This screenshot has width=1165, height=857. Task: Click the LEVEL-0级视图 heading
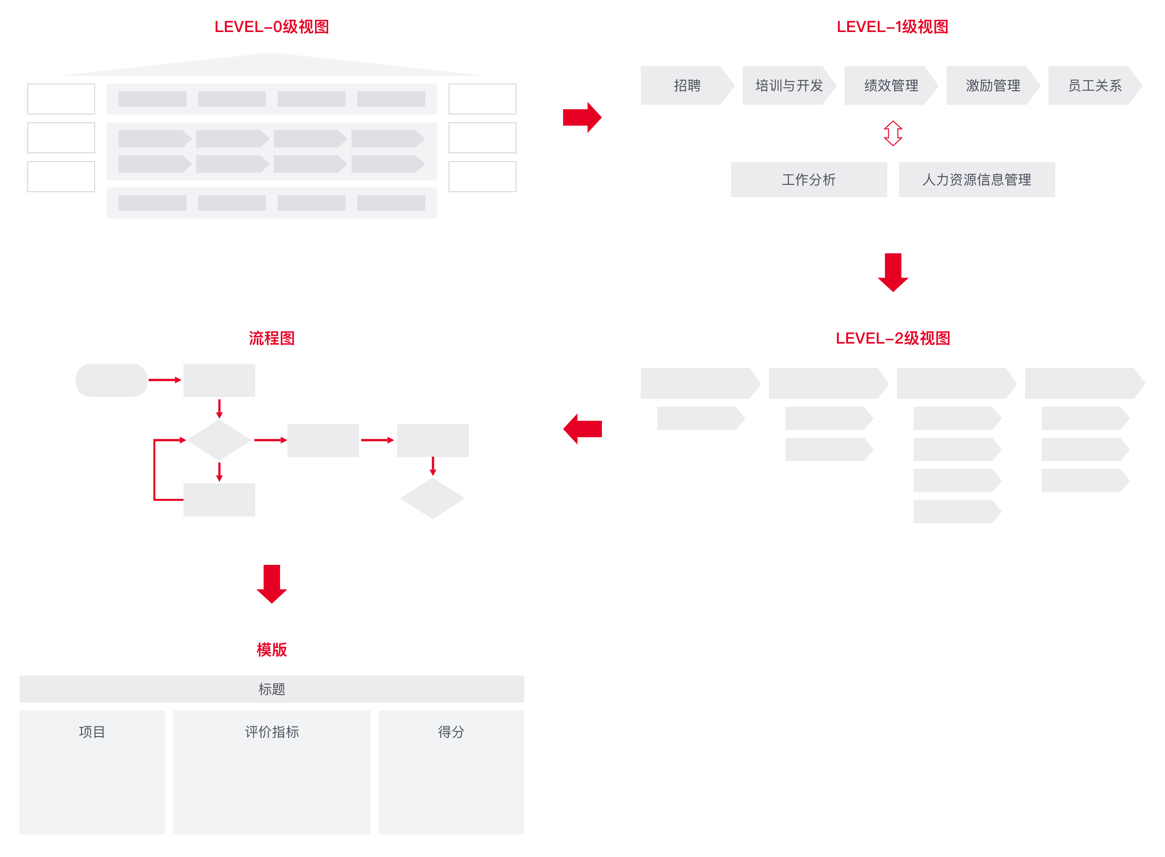271,27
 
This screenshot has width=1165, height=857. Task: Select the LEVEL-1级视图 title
893,27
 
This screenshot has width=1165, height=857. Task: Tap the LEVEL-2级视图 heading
893,338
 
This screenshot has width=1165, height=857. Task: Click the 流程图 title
271,338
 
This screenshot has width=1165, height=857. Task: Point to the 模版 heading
271,649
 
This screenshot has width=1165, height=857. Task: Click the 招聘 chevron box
687,85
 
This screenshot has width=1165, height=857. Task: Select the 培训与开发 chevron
789,85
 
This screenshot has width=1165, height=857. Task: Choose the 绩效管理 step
891,85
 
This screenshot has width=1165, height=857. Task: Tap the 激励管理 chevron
993,85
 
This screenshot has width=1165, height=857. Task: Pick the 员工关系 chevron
1095,85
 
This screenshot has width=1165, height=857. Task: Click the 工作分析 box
809,180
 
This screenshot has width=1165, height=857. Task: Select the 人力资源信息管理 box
977,180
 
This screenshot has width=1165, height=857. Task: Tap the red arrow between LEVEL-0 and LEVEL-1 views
582,117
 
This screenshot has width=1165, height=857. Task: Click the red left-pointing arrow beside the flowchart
582,429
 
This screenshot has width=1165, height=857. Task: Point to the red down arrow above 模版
271,584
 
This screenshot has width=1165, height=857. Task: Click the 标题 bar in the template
271,689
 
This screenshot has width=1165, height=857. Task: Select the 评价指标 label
271,732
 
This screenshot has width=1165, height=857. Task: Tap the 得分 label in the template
451,732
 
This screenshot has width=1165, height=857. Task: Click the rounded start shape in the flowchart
112,380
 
